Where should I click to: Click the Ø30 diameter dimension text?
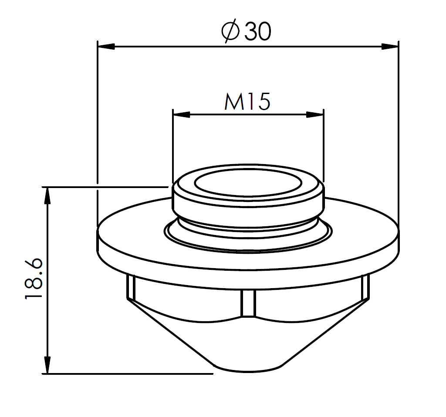(246, 32)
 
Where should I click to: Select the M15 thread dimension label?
(247, 101)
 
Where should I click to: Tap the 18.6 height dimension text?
(34, 279)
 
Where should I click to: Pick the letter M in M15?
(234, 101)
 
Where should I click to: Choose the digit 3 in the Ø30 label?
(252, 32)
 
